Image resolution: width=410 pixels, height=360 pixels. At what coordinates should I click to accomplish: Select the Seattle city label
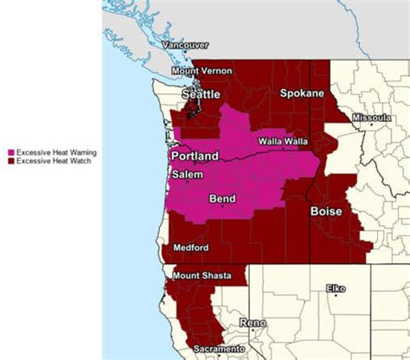tap(200, 93)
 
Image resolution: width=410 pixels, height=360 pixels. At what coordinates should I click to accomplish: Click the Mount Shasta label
tap(202, 275)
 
